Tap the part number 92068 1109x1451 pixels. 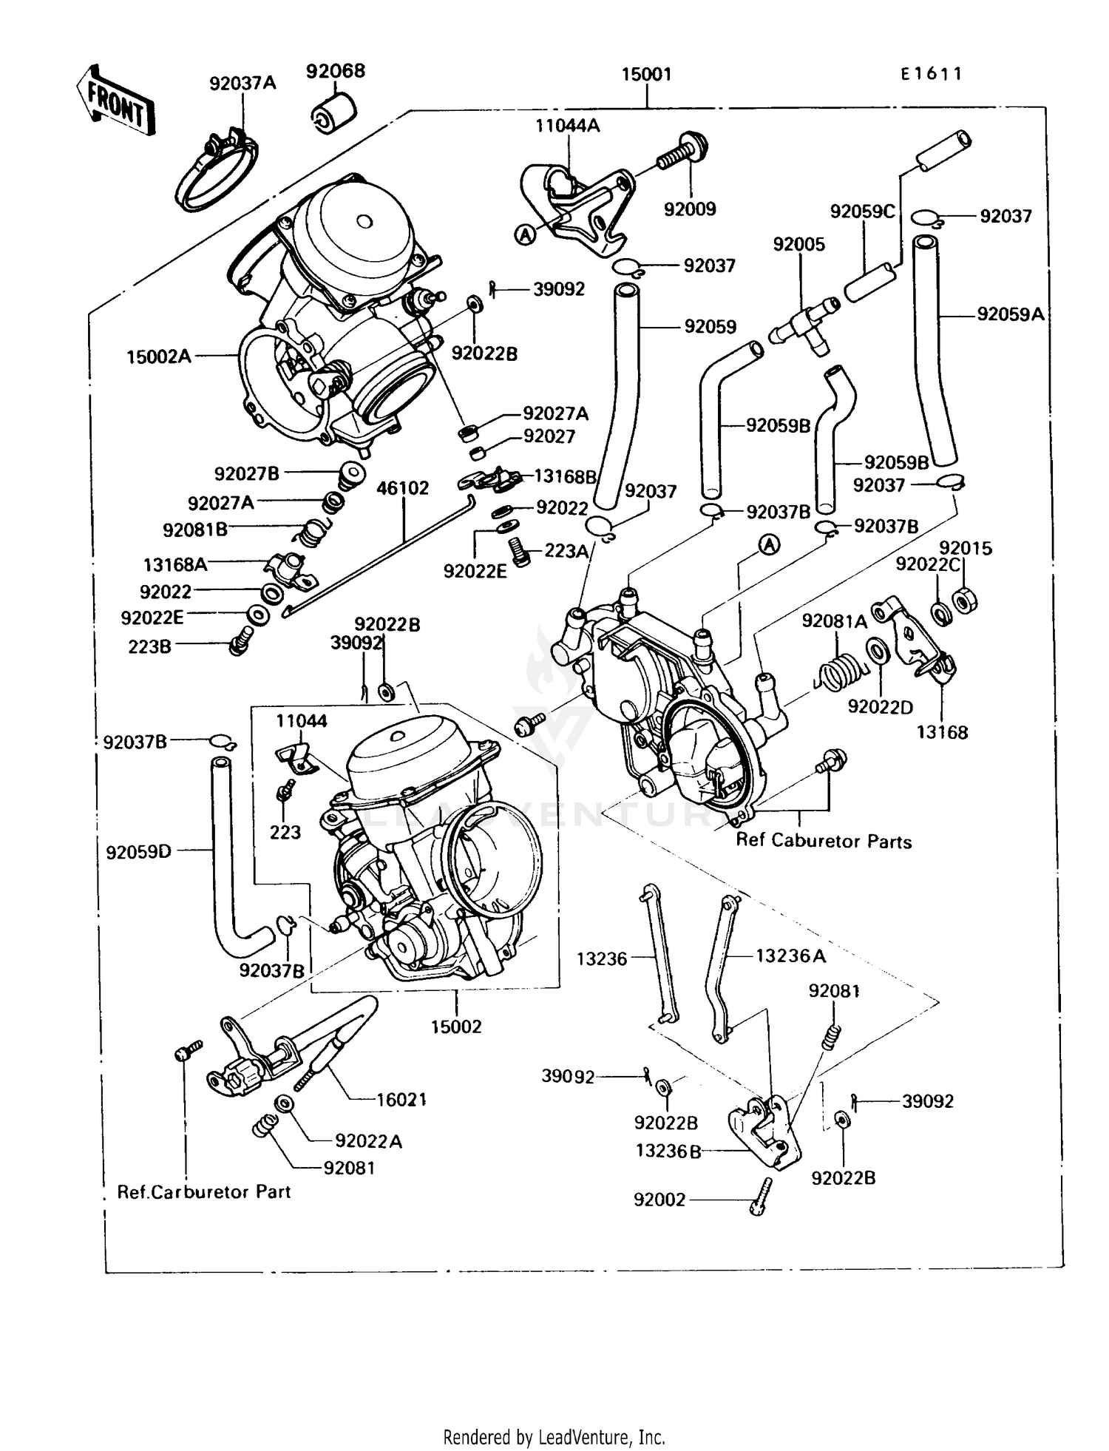click(x=336, y=71)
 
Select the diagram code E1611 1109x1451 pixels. click(x=932, y=74)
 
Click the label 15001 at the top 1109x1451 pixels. click(x=646, y=74)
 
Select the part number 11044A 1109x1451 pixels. click(x=568, y=126)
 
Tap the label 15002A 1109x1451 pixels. click(x=159, y=356)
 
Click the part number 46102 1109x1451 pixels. click(x=403, y=488)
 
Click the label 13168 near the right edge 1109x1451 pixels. click(x=942, y=732)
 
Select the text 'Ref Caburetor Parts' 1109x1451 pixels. click(x=824, y=841)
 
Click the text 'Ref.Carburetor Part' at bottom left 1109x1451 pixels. click(x=204, y=1191)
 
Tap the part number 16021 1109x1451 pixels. click(x=401, y=1100)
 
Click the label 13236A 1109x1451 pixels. click(x=790, y=956)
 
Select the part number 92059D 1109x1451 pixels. click(x=138, y=851)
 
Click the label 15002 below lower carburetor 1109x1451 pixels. click(x=456, y=1026)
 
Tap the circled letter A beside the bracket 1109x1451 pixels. click(x=525, y=235)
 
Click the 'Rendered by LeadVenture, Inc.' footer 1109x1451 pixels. click(x=554, y=1437)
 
